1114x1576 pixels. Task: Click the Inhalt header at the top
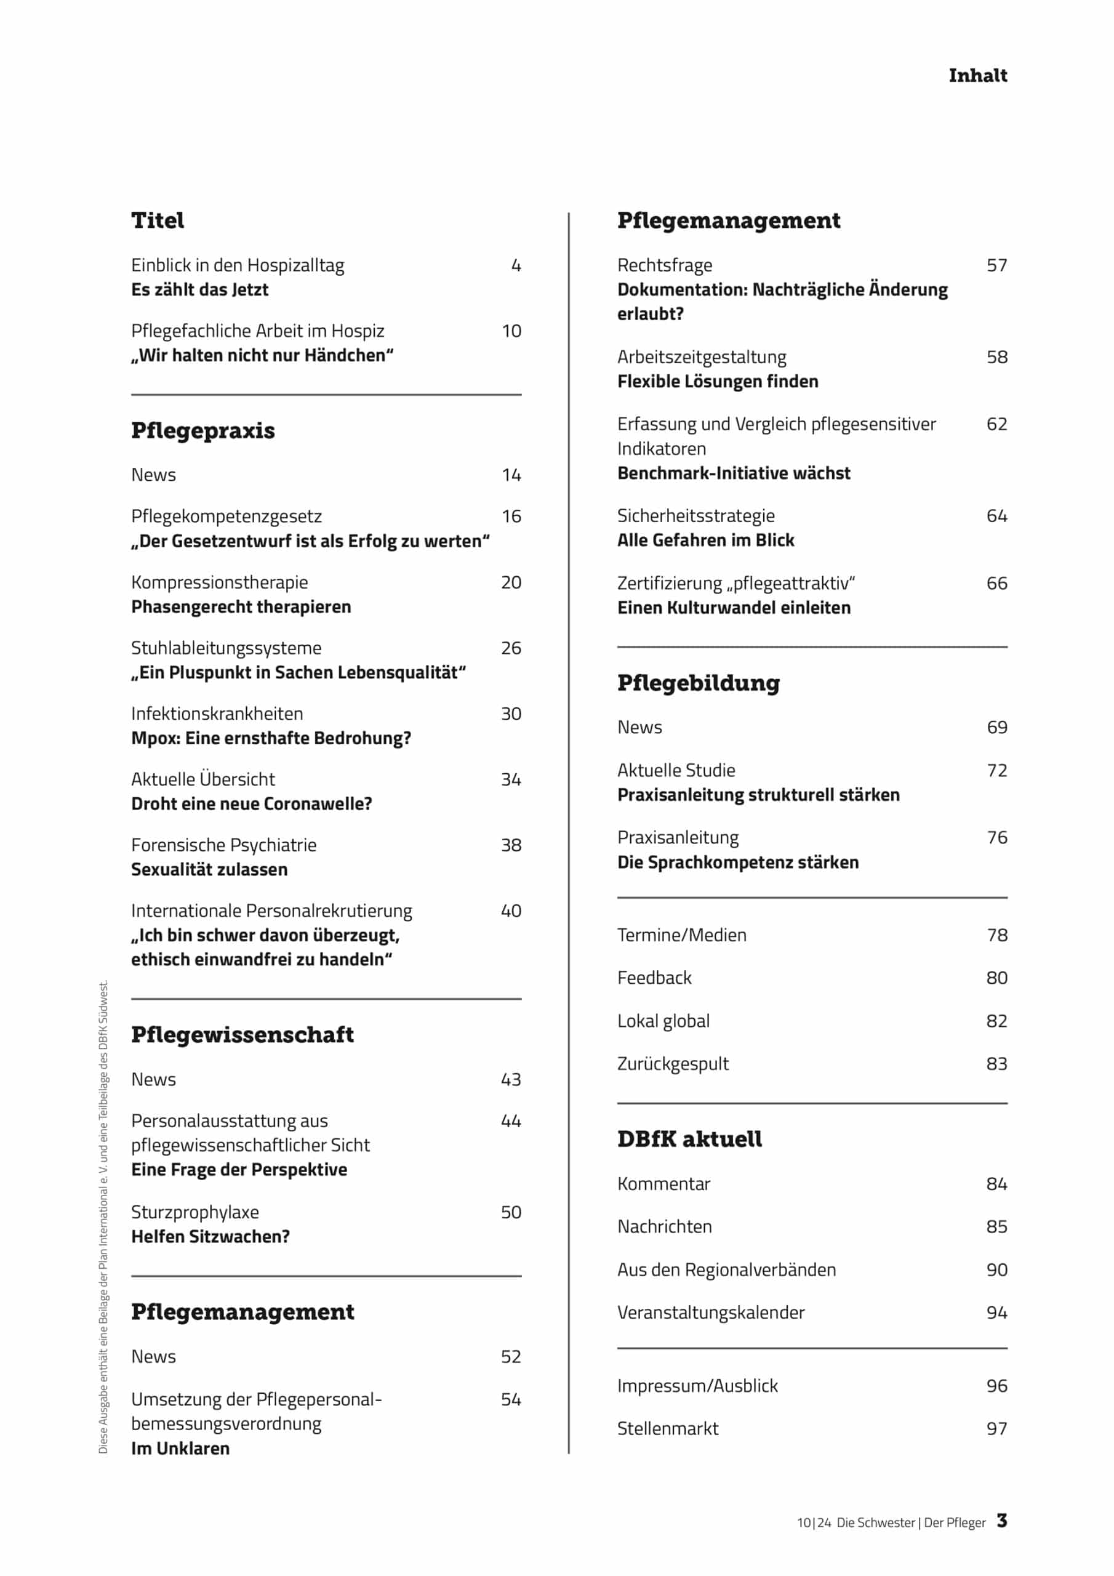977,76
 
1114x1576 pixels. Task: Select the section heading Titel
158,220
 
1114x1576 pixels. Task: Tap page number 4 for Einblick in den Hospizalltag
516,265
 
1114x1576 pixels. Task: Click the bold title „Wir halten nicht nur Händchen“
262,356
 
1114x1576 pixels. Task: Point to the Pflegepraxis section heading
203,430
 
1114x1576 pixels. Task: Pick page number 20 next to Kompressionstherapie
511,582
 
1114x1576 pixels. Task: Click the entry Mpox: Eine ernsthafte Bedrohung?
271,738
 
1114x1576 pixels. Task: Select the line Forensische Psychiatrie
224,845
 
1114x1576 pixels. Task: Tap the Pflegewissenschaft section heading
242,1034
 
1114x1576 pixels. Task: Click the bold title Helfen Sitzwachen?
210,1236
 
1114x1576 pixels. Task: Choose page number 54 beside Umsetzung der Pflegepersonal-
511,1399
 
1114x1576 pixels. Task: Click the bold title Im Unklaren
180,1449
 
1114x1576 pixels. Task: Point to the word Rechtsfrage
665,265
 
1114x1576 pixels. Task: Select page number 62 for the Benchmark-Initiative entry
996,424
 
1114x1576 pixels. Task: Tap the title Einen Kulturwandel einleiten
734,608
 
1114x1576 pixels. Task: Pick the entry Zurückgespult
673,1063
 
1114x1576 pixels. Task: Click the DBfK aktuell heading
689,1140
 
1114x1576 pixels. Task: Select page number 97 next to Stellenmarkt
996,1428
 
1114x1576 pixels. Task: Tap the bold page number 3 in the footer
1002,1521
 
